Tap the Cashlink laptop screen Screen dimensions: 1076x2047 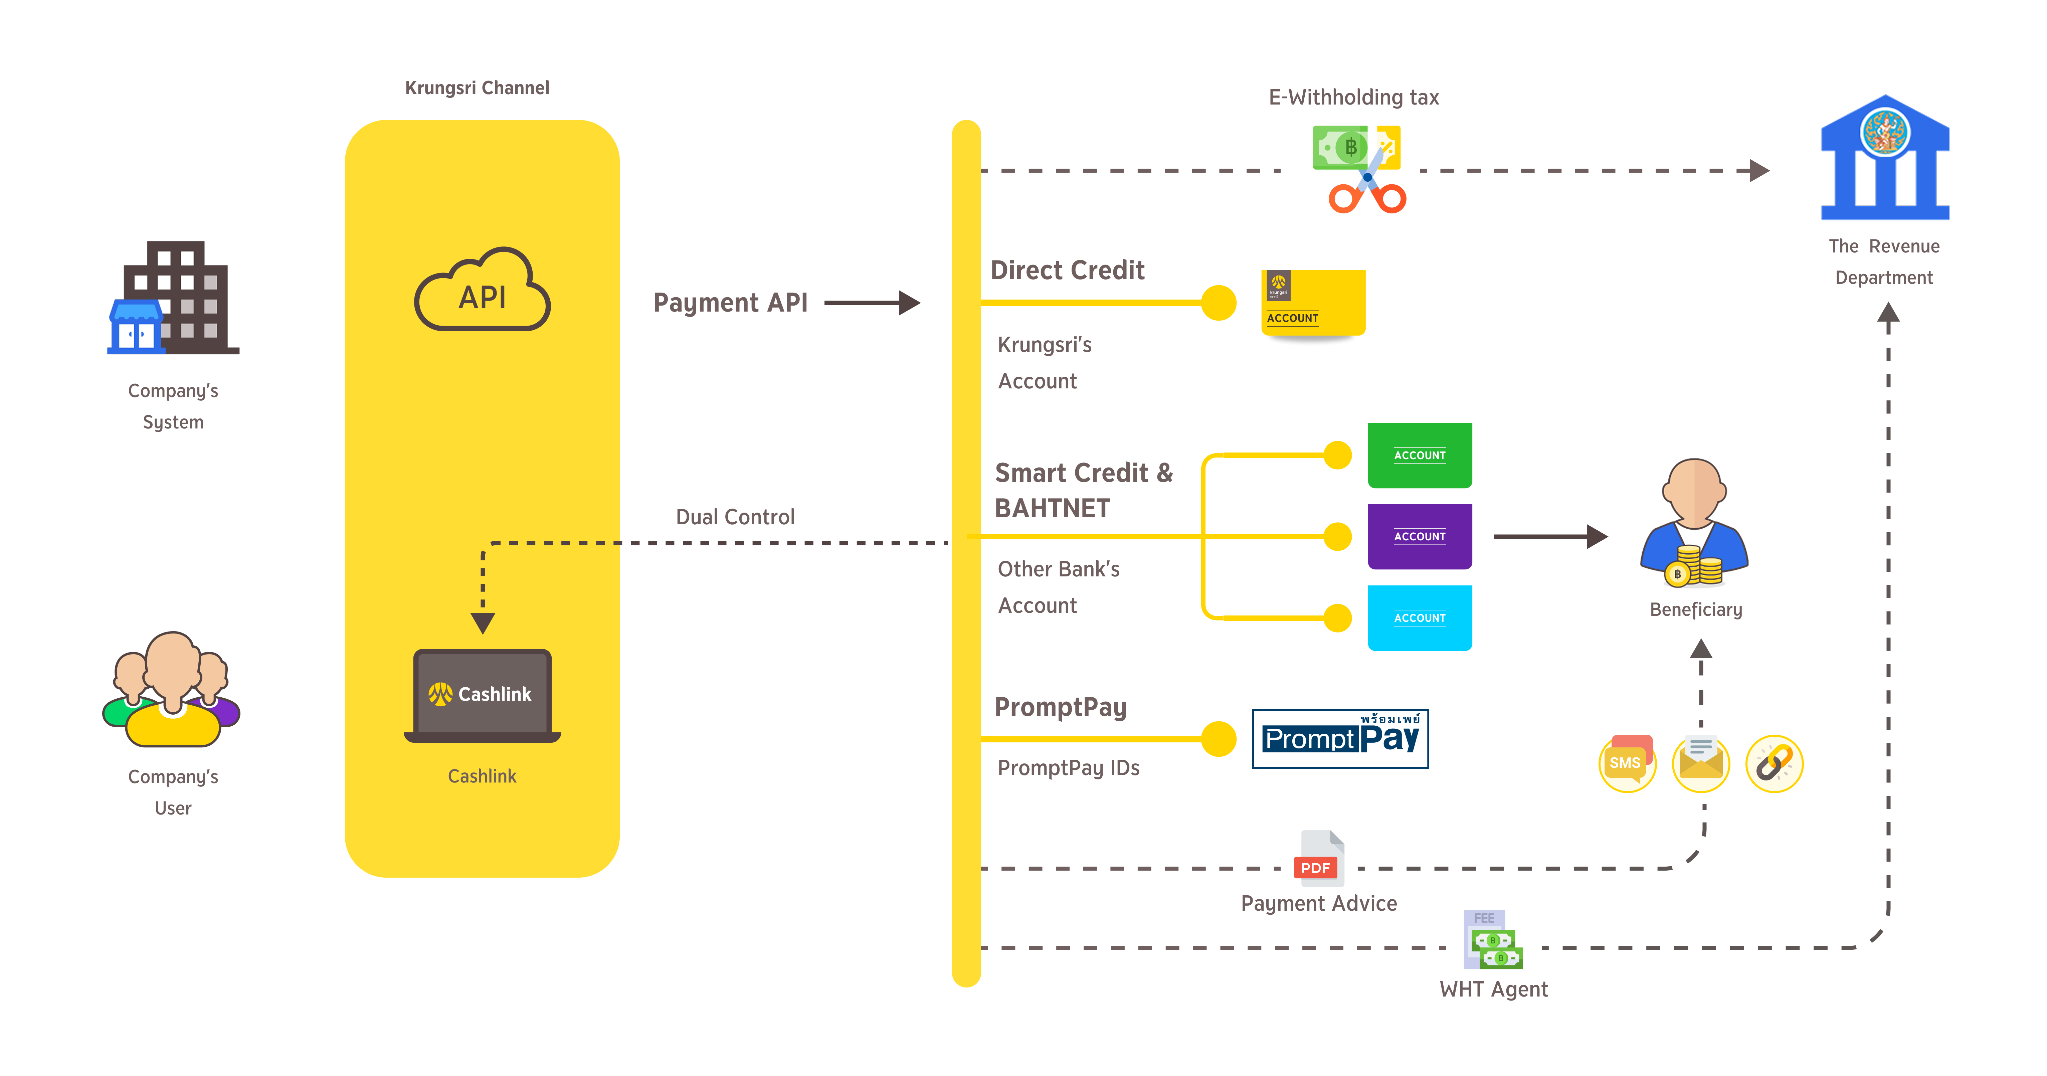pyautogui.click(x=482, y=693)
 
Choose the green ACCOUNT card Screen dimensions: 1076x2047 pyautogui.click(x=1419, y=456)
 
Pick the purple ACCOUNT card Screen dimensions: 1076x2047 pyautogui.click(x=1419, y=536)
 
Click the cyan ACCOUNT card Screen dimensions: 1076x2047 pyautogui.click(x=1419, y=617)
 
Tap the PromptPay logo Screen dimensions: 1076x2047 pyautogui.click(x=1340, y=739)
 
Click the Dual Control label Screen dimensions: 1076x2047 pyautogui.click(x=735, y=517)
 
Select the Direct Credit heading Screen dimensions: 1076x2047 pyautogui.click(x=1067, y=270)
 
